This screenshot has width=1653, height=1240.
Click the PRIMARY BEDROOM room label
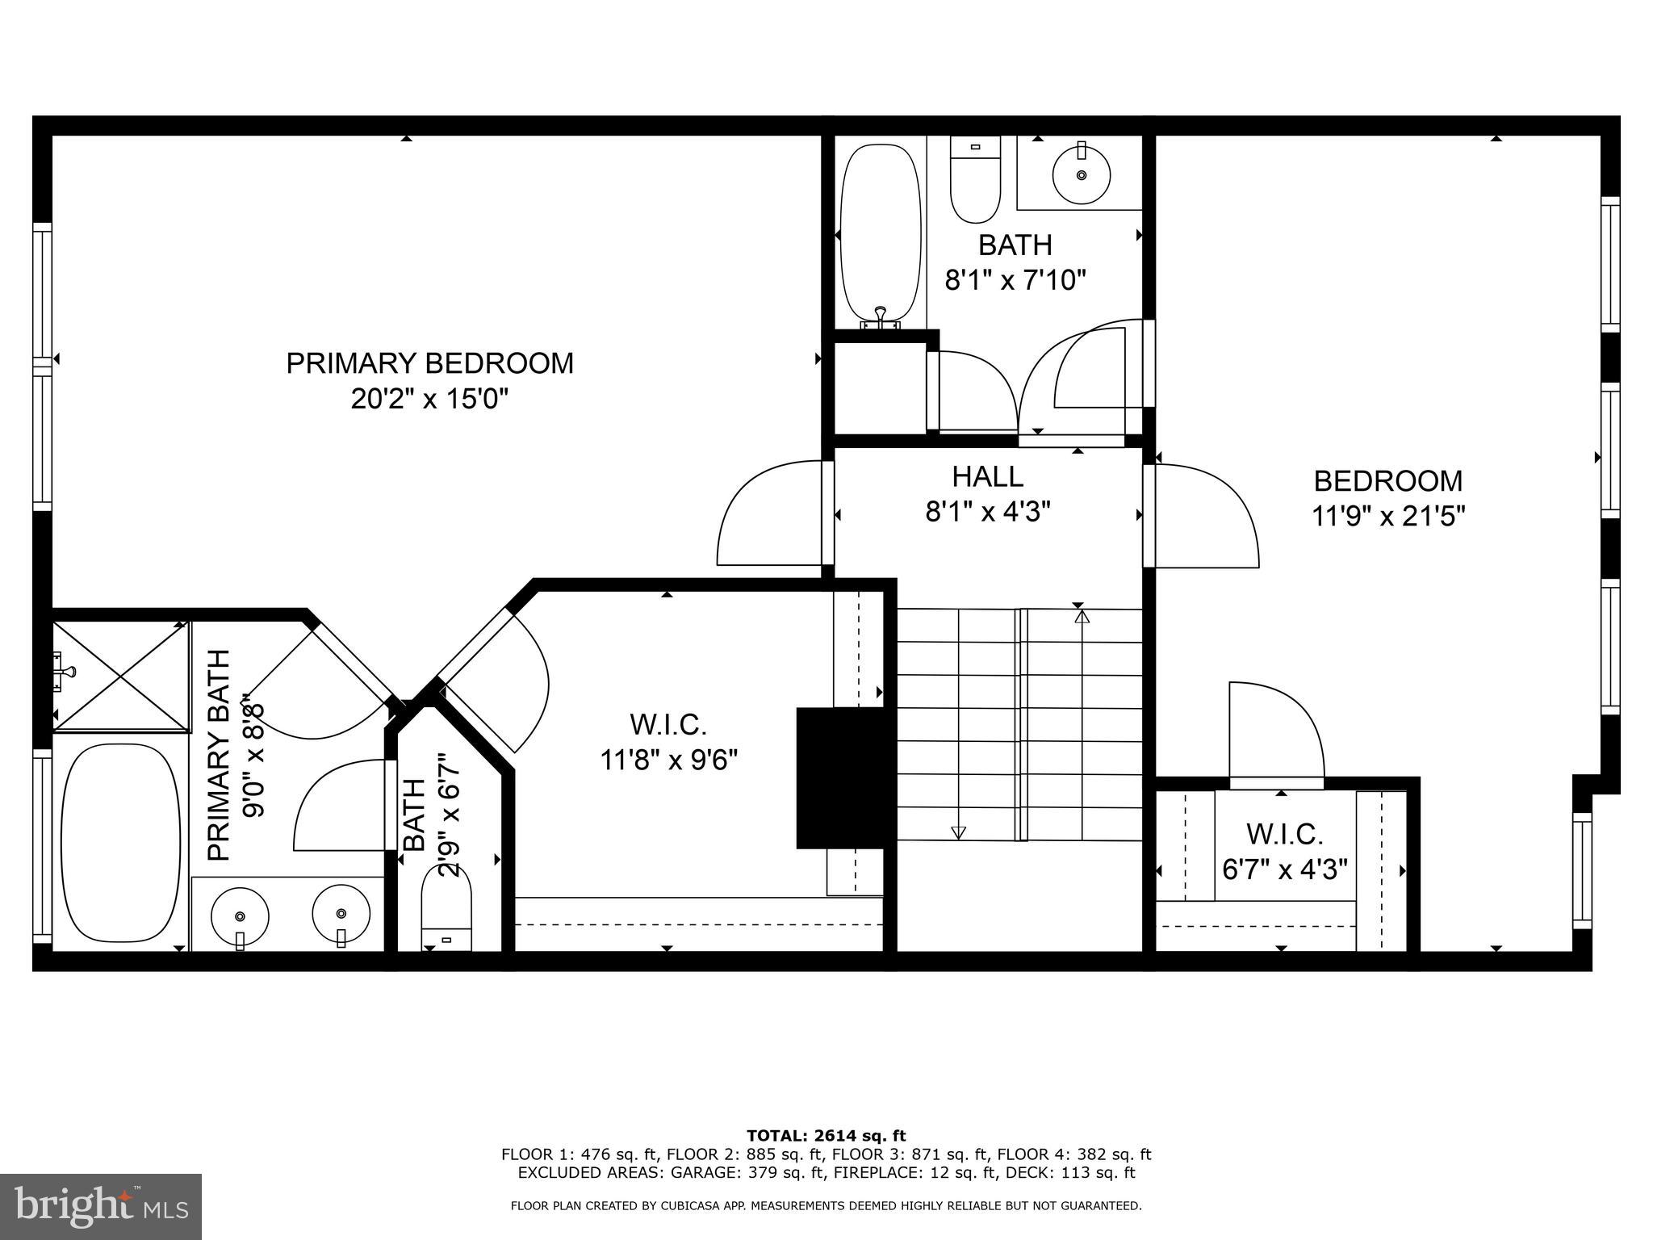[x=429, y=363]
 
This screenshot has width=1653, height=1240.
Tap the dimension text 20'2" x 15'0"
[x=429, y=399]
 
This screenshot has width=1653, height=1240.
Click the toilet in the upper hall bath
[x=975, y=179]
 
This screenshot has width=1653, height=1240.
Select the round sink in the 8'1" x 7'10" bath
[x=1081, y=174]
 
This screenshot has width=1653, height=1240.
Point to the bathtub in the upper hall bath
[x=879, y=234]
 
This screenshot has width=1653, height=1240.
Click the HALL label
[x=987, y=476]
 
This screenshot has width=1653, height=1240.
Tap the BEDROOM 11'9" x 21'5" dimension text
[x=1387, y=516]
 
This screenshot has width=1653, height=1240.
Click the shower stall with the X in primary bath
[x=121, y=677]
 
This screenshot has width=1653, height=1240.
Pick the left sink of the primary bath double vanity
[x=240, y=915]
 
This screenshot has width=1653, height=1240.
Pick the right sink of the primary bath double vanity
[x=341, y=914]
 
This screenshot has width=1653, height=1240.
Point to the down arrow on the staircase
[x=958, y=832]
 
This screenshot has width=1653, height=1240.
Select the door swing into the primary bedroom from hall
[x=767, y=517]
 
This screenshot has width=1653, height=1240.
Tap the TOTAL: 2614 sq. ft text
[x=826, y=1136]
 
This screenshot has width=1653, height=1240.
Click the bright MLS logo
[x=101, y=1206]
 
